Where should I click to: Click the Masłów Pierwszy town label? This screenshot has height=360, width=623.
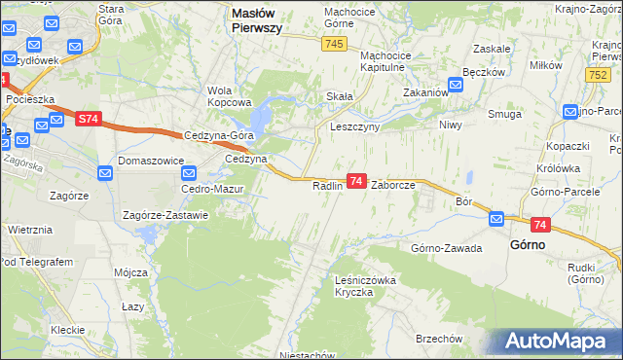click(x=256, y=20)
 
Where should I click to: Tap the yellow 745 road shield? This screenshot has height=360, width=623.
click(x=335, y=44)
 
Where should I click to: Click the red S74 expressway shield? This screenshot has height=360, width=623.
click(x=88, y=119)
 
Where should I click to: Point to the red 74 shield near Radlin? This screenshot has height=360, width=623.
click(x=356, y=181)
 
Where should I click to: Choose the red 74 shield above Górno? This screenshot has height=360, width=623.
click(x=541, y=225)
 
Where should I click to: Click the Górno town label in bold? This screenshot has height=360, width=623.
click(x=527, y=245)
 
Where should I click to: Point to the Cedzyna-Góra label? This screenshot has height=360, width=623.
click(x=218, y=136)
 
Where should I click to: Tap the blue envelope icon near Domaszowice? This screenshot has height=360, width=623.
click(x=106, y=172)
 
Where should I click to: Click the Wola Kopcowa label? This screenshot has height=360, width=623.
click(x=230, y=96)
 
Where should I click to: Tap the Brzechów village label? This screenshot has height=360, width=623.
click(x=437, y=338)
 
